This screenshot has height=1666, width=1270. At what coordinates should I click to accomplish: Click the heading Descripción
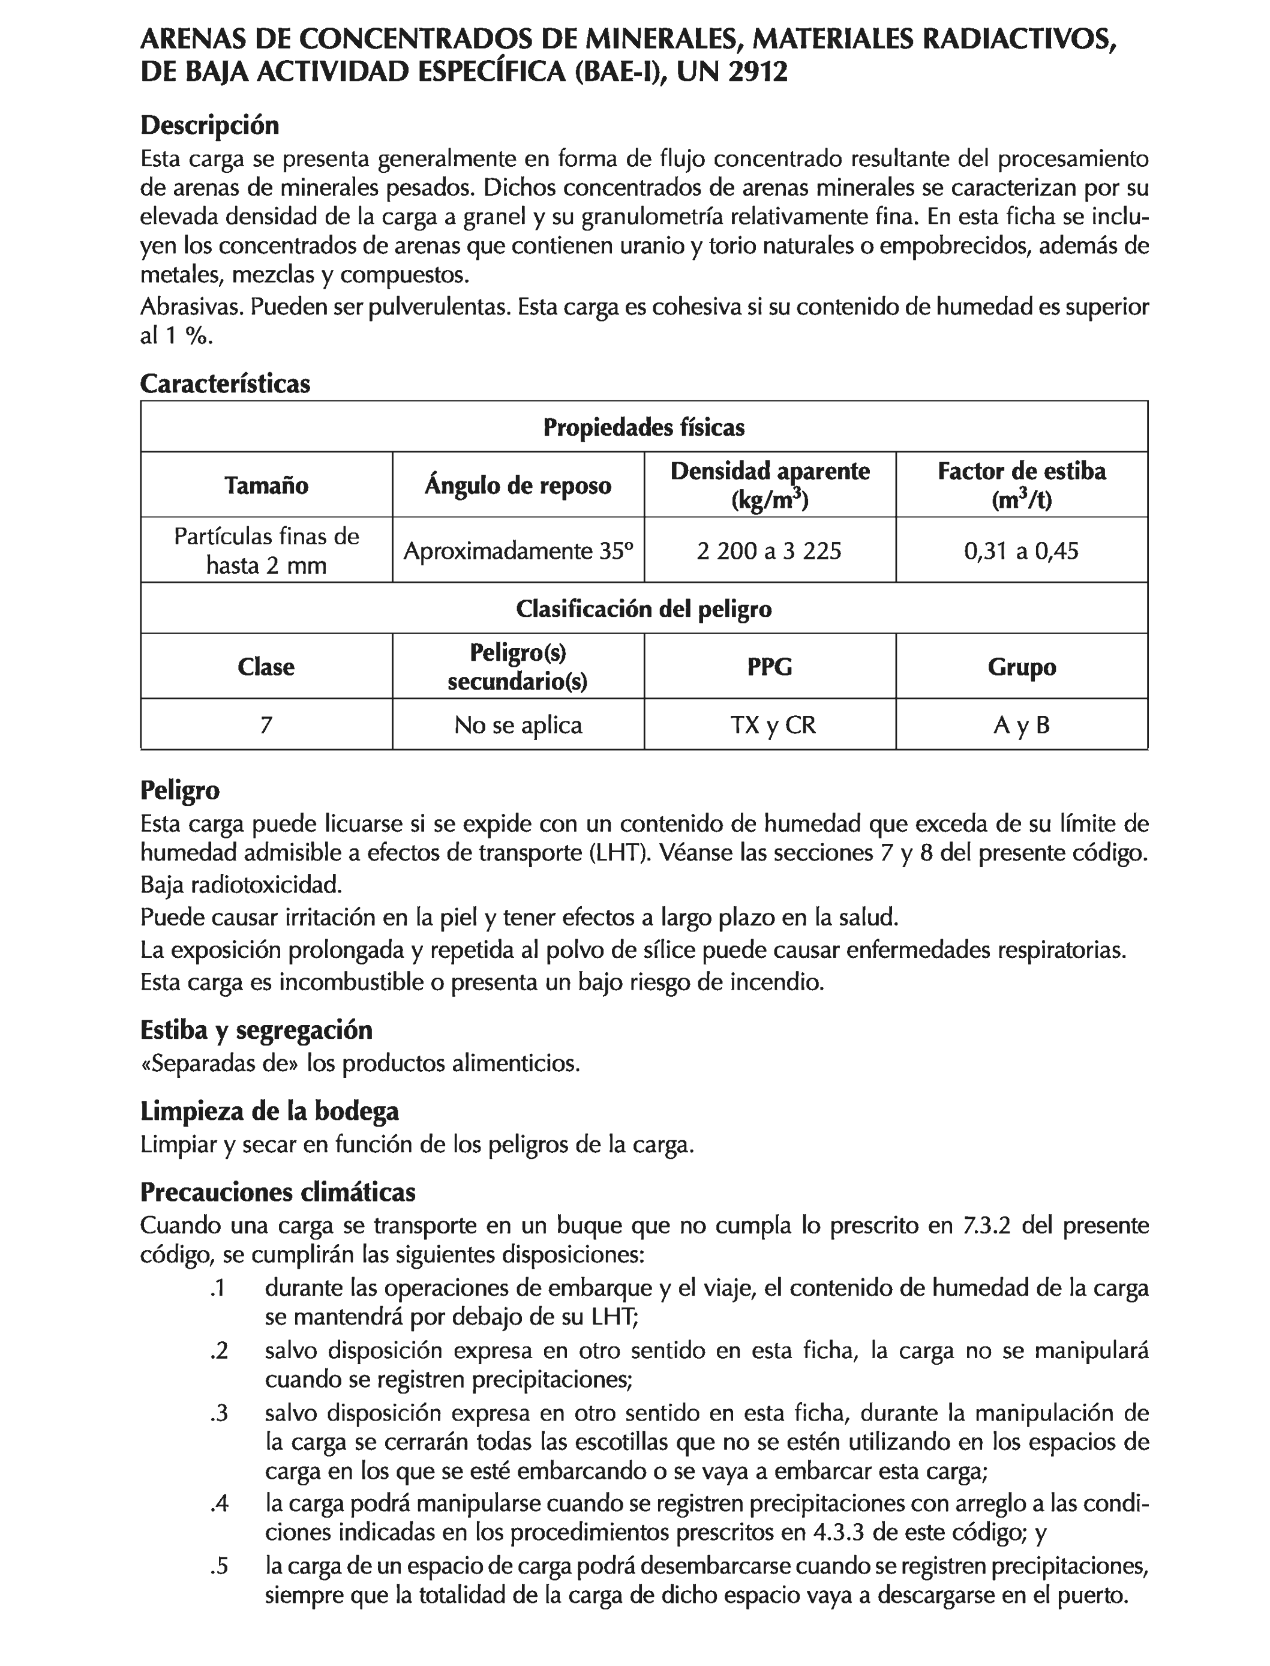pyautogui.click(x=209, y=125)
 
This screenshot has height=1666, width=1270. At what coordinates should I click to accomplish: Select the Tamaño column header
pyautogui.click(x=266, y=485)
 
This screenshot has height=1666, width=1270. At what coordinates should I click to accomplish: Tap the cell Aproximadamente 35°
pyautogui.click(x=518, y=550)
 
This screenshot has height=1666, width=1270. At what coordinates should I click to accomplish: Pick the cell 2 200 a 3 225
pyautogui.click(x=769, y=550)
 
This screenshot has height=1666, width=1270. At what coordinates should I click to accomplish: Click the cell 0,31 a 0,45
pyautogui.click(x=1021, y=550)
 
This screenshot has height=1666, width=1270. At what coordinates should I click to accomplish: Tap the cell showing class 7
pyautogui.click(x=266, y=725)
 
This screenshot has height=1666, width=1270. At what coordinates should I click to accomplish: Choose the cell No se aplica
pyautogui.click(x=518, y=725)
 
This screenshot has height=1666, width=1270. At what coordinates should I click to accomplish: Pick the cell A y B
pyautogui.click(x=1021, y=725)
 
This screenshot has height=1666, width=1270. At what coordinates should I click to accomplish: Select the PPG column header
pyautogui.click(x=770, y=666)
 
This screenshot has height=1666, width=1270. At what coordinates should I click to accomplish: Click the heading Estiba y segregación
pyautogui.click(x=256, y=1030)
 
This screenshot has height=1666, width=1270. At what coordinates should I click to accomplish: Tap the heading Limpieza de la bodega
pyautogui.click(x=269, y=1111)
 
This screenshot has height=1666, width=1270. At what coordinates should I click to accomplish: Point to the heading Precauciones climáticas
pyautogui.click(x=277, y=1192)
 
